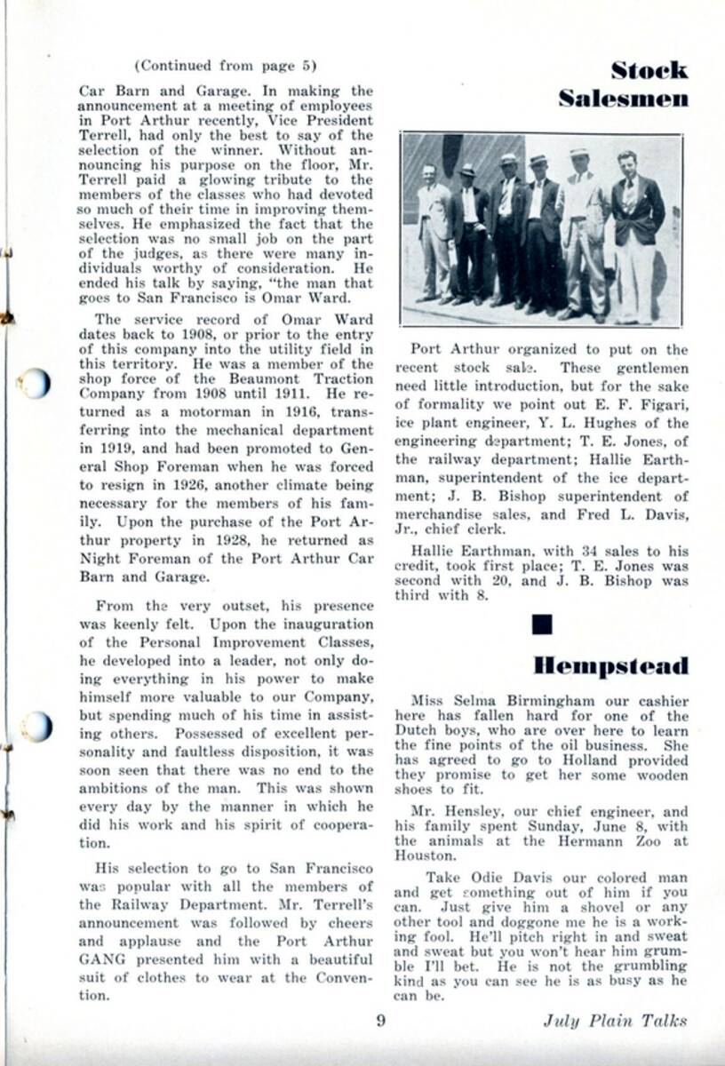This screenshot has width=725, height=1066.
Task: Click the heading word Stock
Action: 649,70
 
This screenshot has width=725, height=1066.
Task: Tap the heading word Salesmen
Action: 624,99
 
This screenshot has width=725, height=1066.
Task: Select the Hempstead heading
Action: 611,665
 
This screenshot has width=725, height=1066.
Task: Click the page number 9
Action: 380,1020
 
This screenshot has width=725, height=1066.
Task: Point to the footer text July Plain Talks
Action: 615,1020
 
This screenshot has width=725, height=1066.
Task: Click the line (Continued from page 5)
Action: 225,65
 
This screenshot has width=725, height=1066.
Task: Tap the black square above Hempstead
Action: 541,624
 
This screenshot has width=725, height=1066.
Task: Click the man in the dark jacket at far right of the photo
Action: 637,235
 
